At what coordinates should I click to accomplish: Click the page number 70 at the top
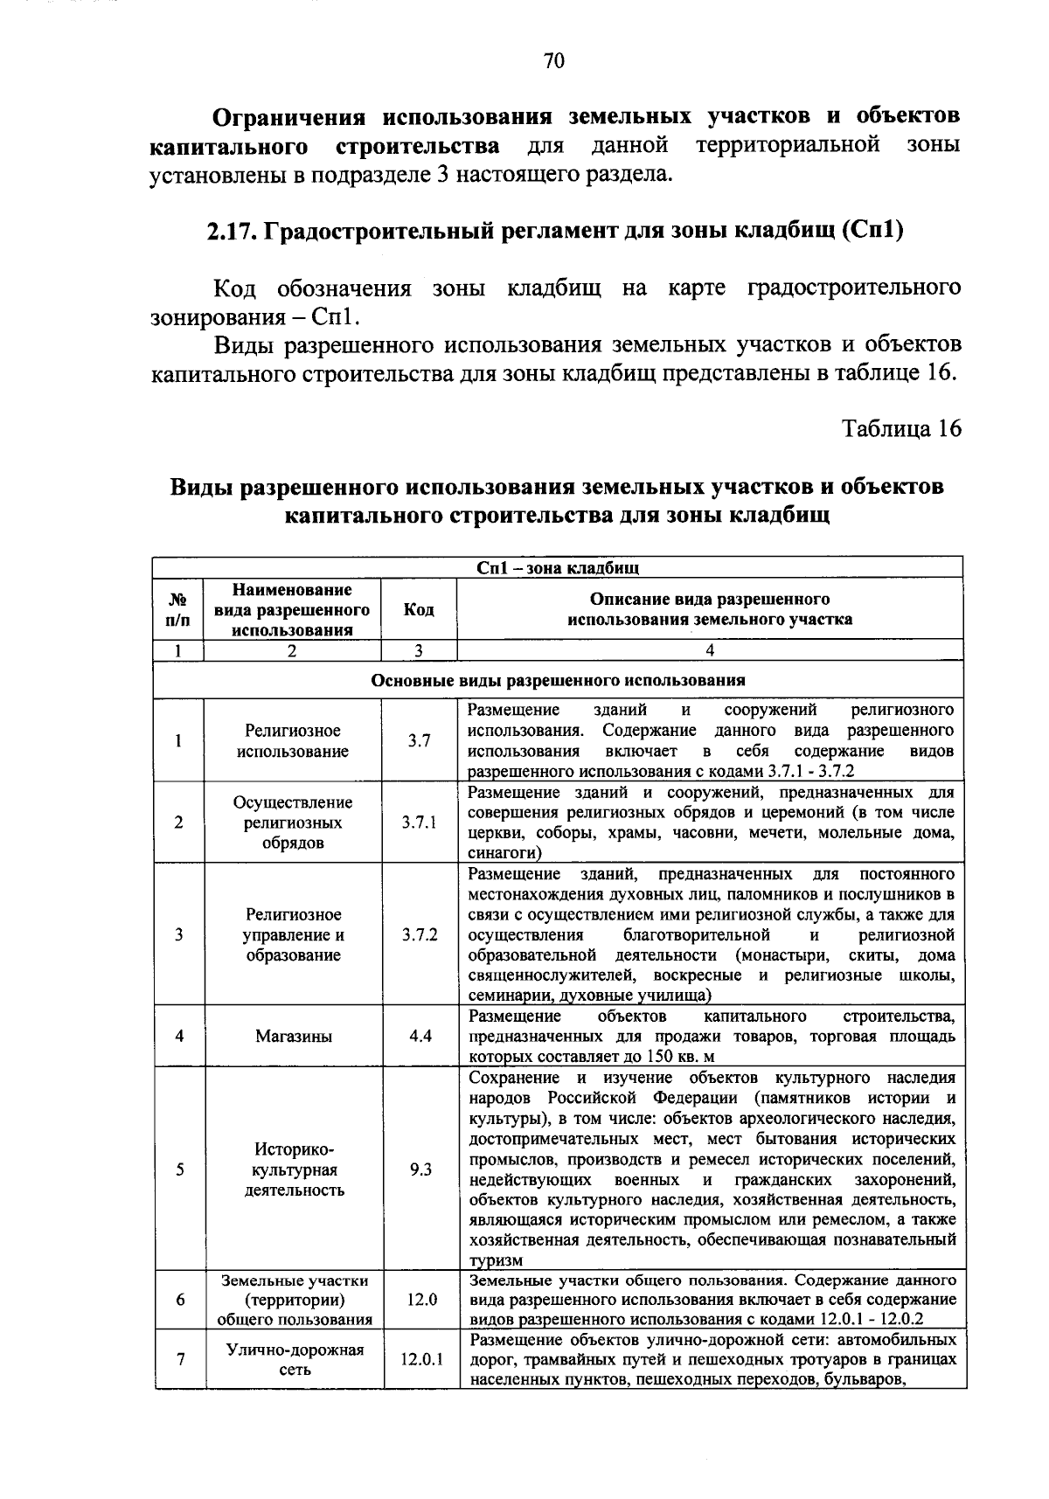pos(553,60)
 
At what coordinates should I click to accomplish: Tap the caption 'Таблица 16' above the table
pos(900,428)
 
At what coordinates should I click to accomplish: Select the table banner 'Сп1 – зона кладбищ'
pos(558,568)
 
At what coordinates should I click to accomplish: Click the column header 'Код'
pos(419,609)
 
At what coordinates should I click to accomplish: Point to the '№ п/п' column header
pos(177,609)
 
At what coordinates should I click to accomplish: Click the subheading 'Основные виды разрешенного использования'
pos(558,680)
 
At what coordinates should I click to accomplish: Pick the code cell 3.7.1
pos(419,822)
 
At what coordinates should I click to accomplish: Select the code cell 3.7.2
pos(419,934)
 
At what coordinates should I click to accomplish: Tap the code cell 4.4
pos(419,1036)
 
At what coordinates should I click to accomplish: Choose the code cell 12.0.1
pos(421,1359)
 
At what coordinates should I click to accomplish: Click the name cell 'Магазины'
pos(293,1036)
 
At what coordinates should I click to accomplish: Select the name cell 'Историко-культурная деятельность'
pos(293,1169)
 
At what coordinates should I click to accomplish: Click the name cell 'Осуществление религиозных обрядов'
pos(293,822)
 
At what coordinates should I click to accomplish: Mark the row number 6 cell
pos(179,1299)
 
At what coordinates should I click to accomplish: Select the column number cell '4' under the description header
pos(709,650)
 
